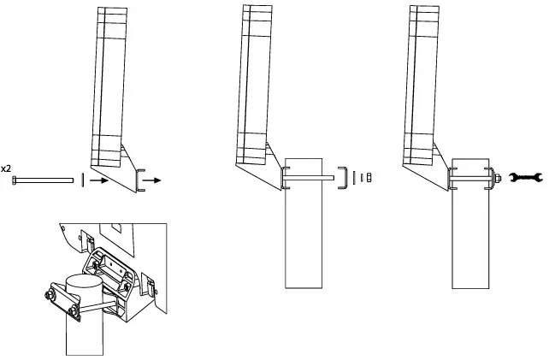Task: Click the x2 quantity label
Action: (x=6, y=169)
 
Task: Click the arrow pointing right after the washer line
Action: (x=98, y=180)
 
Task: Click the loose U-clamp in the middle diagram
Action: (x=342, y=178)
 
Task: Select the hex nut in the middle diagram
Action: (x=368, y=178)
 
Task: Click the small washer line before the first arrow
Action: (x=82, y=180)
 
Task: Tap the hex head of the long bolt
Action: (x=15, y=180)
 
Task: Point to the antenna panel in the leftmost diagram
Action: (x=109, y=86)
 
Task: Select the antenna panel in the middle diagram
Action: (x=255, y=86)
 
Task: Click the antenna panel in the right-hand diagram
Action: (x=422, y=86)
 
